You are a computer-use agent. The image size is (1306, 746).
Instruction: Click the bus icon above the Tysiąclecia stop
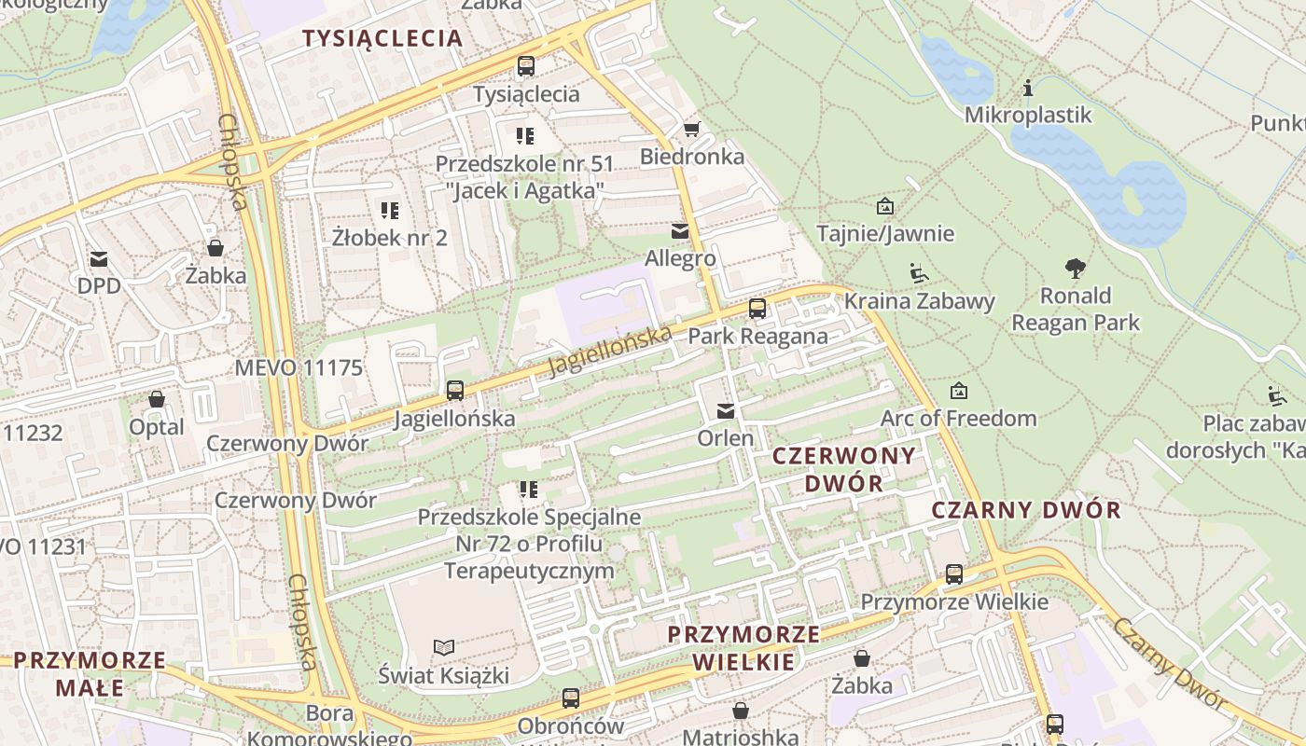pyautogui.click(x=526, y=66)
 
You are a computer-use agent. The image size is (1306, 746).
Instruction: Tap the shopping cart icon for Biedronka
pyautogui.click(x=691, y=129)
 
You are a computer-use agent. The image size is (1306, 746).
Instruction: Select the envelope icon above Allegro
pyautogui.click(x=680, y=230)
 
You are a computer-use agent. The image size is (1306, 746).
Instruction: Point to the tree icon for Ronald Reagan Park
pyautogui.click(x=1075, y=269)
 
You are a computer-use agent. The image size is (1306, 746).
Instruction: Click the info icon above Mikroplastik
pyautogui.click(x=1028, y=89)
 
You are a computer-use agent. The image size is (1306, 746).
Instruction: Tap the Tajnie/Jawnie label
pyautogui.click(x=885, y=233)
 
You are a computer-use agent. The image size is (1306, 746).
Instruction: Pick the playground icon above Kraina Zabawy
pyautogui.click(x=919, y=273)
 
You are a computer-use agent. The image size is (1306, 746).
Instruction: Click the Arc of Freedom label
pyautogui.click(x=958, y=419)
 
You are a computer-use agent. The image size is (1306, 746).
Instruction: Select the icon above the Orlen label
pyautogui.click(x=725, y=410)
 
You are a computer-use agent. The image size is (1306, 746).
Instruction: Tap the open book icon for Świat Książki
pyautogui.click(x=444, y=647)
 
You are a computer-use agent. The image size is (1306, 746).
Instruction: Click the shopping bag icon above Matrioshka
pyautogui.click(x=741, y=711)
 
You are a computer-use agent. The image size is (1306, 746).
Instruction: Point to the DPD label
pyautogui.click(x=99, y=285)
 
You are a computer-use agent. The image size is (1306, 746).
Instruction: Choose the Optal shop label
pyautogui.click(x=156, y=427)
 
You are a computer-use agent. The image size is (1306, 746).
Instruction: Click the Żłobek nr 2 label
pyautogui.click(x=390, y=238)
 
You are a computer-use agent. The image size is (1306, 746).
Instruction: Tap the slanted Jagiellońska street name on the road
pyautogui.click(x=608, y=350)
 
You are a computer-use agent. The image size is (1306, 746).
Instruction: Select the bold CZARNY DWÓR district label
pyautogui.click(x=1026, y=510)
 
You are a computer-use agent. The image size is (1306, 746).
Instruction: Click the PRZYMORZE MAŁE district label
pyautogui.click(x=90, y=674)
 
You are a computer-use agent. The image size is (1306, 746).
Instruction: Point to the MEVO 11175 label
pyautogui.click(x=299, y=367)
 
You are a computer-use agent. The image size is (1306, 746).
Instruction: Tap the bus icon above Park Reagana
pyautogui.click(x=757, y=309)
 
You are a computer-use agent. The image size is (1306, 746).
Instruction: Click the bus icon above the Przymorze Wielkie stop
pyautogui.click(x=953, y=574)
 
